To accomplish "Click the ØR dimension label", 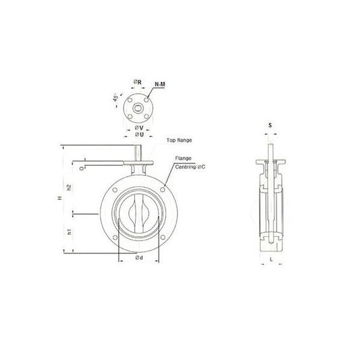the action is tap(138, 82).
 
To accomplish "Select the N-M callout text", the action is tap(160, 84).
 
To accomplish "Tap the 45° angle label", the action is tap(115, 97).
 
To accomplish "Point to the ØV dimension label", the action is tap(139, 128).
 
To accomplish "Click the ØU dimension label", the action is tap(139, 134).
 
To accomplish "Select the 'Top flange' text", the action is tap(179, 140).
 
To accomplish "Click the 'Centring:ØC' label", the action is tap(190, 167).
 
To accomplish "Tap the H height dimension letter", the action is tap(59, 198).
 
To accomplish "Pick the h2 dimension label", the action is tap(69, 187).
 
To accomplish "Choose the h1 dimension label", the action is tap(70, 232).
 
